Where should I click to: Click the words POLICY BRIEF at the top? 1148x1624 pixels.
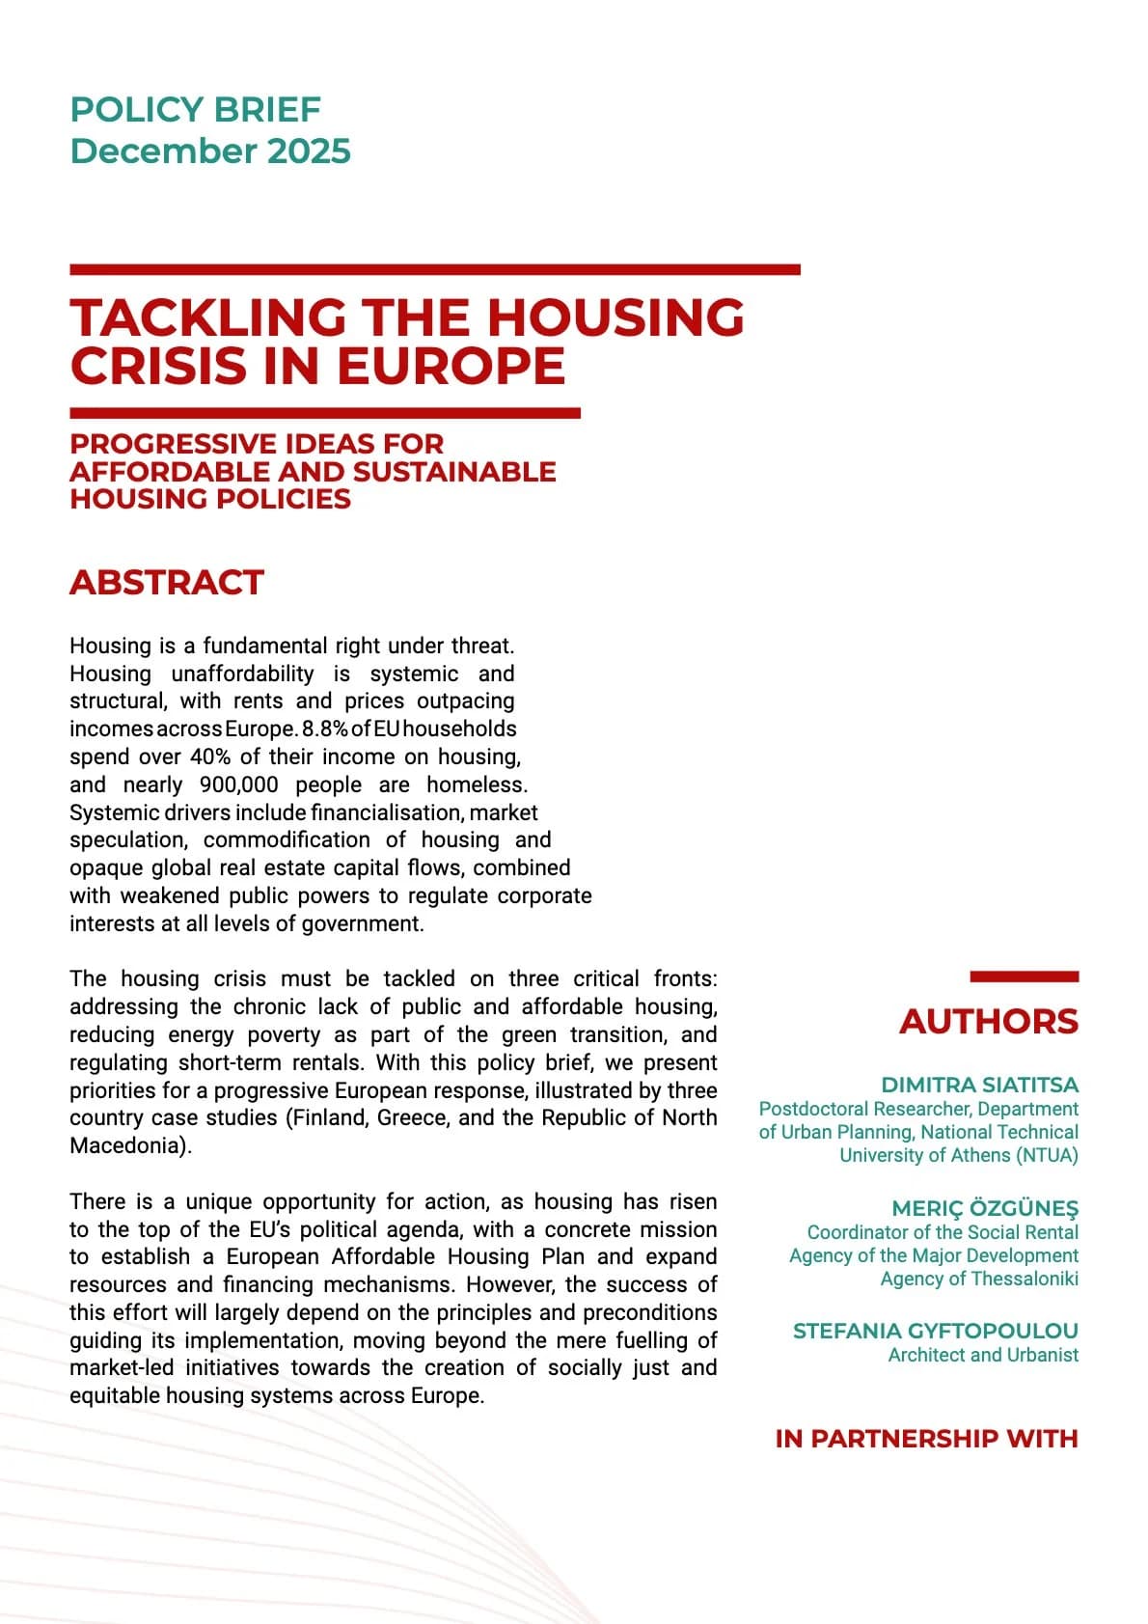tap(195, 109)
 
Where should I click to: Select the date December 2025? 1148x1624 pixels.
tap(209, 151)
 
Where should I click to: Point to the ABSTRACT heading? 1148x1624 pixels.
tap(166, 583)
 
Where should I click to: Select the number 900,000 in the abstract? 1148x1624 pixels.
tap(238, 784)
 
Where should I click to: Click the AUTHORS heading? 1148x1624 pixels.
tap(988, 1021)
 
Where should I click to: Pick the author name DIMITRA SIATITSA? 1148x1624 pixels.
tap(979, 1085)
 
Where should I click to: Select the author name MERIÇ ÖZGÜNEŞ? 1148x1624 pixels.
tap(985, 1208)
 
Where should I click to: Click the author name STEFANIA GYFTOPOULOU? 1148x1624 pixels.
tap(935, 1331)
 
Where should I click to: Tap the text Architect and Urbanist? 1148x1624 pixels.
tap(982, 1355)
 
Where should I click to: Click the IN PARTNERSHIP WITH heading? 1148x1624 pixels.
tap(926, 1439)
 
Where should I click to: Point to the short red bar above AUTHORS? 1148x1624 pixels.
tap(1024, 977)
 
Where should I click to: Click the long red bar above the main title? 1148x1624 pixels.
tap(434, 269)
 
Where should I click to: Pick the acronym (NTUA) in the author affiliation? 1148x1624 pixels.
tap(1047, 1155)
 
